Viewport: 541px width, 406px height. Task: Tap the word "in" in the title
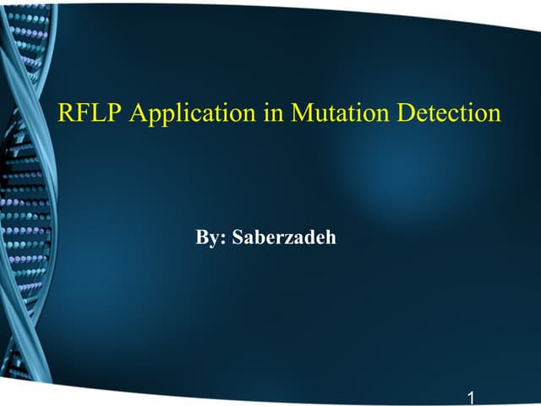tap(272, 114)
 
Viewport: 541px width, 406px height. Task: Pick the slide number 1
tap(470, 396)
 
